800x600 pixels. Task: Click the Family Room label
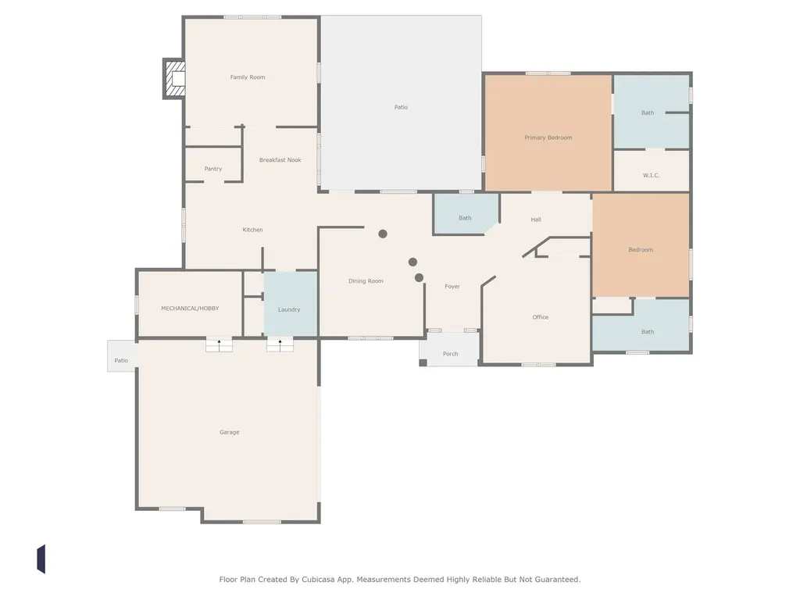point(248,77)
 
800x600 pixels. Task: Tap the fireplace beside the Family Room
point(174,79)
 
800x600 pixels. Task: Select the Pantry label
point(212,169)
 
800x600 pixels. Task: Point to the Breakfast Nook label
point(280,159)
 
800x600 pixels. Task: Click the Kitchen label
point(252,230)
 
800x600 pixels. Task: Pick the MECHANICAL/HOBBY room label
point(190,308)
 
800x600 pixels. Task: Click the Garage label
point(229,432)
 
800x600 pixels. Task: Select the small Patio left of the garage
point(121,356)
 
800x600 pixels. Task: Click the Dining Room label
point(366,281)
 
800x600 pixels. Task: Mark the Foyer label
point(452,286)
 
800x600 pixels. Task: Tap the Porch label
point(450,354)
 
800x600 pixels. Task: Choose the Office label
point(541,317)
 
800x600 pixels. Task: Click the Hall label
point(536,220)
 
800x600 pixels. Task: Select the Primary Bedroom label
point(548,137)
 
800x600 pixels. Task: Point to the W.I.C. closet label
point(651,175)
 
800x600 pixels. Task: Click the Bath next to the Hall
point(465,218)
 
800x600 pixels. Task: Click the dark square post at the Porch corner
point(423,362)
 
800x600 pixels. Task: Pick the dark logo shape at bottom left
point(41,559)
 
